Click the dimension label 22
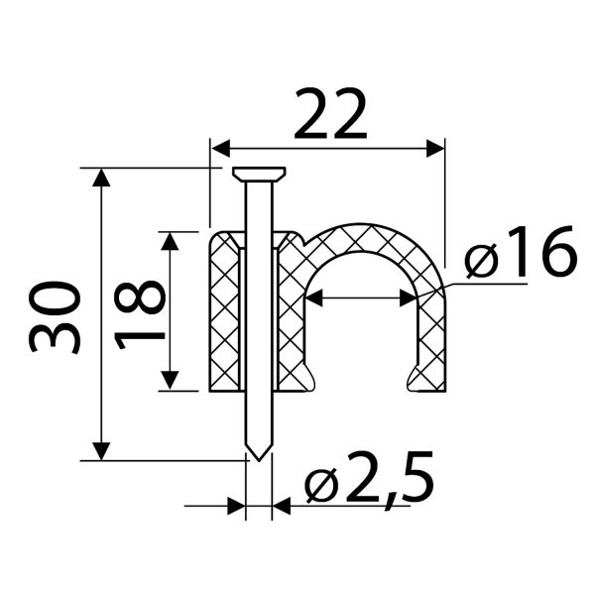[330, 113]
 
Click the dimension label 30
[55, 317]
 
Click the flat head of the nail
[259, 174]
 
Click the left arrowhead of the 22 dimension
[221, 148]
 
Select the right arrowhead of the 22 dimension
[435, 148]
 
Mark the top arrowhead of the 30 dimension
[101, 178]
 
